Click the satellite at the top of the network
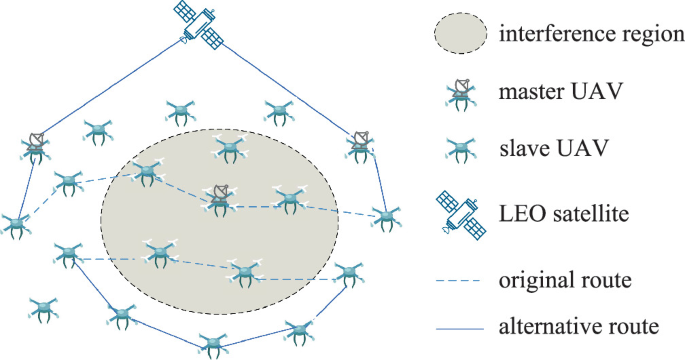click(198, 23)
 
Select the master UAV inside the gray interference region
click(220, 197)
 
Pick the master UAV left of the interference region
click(37, 146)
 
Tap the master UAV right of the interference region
click(361, 145)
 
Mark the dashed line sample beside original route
click(461, 281)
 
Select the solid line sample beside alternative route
click(461, 326)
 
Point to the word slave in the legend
click(518, 150)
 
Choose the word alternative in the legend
click(541, 326)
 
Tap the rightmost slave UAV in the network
click(385, 218)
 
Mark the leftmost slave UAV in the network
click(14, 224)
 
